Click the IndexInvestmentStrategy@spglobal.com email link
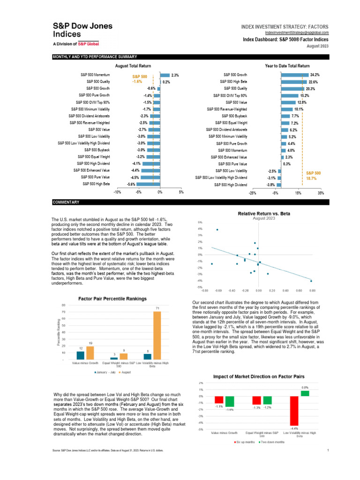[297, 32]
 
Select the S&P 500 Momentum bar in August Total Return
[165, 75]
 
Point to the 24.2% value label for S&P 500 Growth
[314, 75]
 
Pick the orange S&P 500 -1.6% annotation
[140, 78]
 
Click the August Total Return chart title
[133, 66]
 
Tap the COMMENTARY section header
[66, 202]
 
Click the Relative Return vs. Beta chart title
[264, 214]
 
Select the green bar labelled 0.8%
[305, 393]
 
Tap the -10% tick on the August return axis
[117, 192]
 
